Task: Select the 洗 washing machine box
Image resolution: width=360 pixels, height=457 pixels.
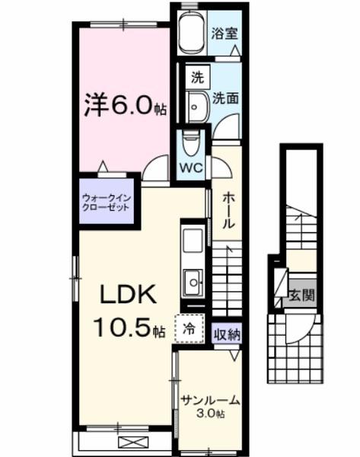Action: pyautogui.click(x=197, y=76)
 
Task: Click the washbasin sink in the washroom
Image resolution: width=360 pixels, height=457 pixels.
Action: pyautogui.click(x=197, y=105)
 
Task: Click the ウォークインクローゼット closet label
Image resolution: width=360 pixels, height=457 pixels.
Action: pyautogui.click(x=107, y=203)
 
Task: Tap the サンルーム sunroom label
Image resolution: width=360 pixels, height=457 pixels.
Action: pyautogui.click(x=211, y=399)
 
